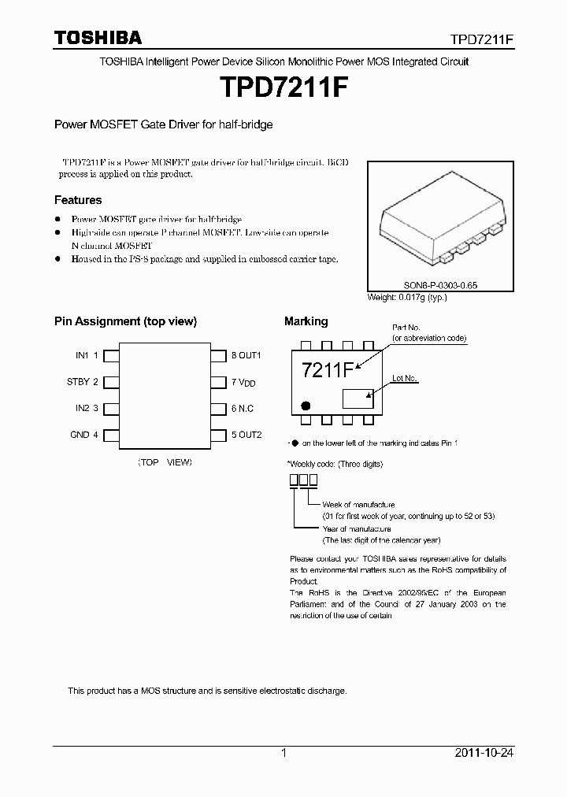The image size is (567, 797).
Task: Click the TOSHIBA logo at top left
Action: (98, 38)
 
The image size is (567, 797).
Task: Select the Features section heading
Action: (77, 200)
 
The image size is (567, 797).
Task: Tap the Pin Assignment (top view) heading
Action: (125, 321)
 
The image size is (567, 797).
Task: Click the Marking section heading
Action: (306, 321)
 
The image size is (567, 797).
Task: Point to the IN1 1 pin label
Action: (87, 355)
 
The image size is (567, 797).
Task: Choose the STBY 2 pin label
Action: (83, 382)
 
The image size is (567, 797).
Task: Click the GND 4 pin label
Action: (84, 435)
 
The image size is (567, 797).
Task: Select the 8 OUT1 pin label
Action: (246, 355)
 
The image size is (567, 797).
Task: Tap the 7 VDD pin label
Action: (243, 383)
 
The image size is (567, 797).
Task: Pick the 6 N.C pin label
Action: (243, 409)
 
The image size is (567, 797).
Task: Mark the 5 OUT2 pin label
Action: (246, 435)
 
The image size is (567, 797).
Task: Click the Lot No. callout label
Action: (404, 379)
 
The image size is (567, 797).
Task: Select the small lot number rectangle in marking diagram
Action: (358, 397)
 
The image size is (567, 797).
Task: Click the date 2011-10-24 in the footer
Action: (484, 753)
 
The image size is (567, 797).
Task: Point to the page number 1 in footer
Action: (283, 753)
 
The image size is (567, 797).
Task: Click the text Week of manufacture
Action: (358, 504)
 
